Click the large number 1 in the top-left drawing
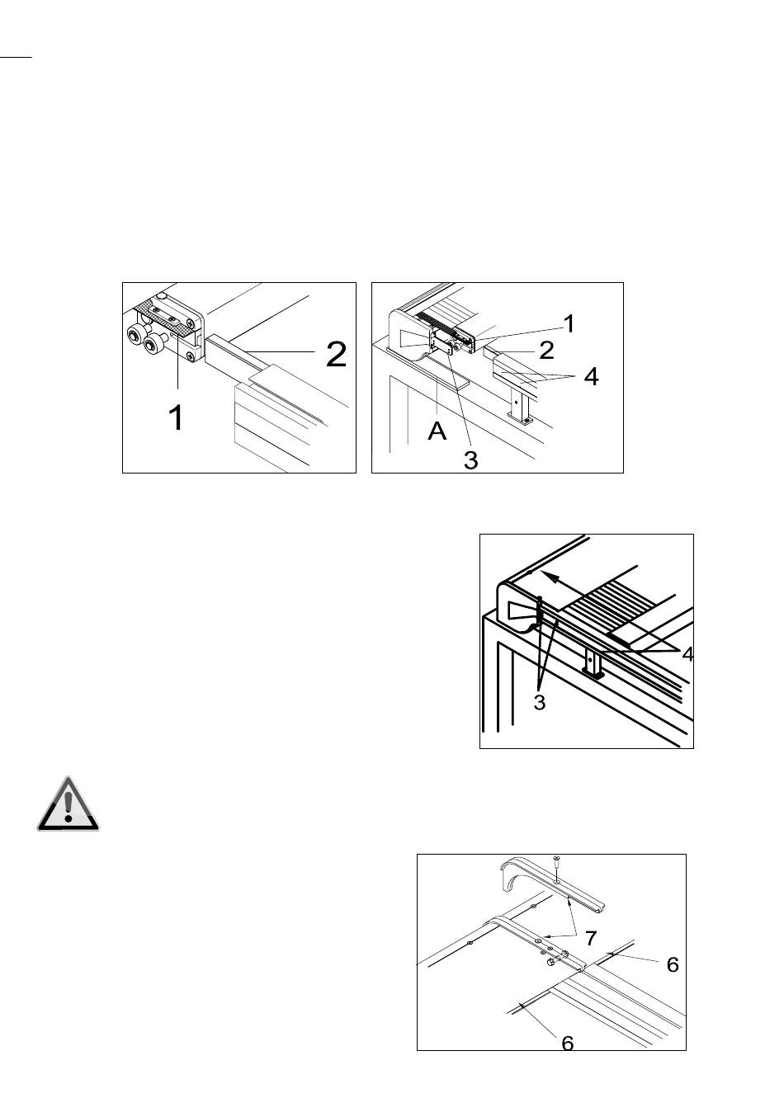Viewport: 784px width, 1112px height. (x=176, y=417)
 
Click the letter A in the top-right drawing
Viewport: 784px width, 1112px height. (x=437, y=431)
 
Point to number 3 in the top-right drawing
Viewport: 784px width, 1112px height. (x=470, y=460)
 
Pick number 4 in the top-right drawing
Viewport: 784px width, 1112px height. (x=591, y=377)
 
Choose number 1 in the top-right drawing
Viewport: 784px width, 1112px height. (x=569, y=323)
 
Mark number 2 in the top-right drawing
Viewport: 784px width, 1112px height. (x=546, y=350)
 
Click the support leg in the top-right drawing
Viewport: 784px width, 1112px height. (x=517, y=407)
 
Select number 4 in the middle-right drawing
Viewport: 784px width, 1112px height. (x=687, y=654)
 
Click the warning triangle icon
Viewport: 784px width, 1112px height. (x=68, y=804)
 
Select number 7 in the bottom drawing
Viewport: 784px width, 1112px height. (x=591, y=938)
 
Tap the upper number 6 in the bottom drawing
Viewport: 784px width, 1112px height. (x=673, y=964)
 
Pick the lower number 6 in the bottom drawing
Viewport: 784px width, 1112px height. (x=568, y=1043)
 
